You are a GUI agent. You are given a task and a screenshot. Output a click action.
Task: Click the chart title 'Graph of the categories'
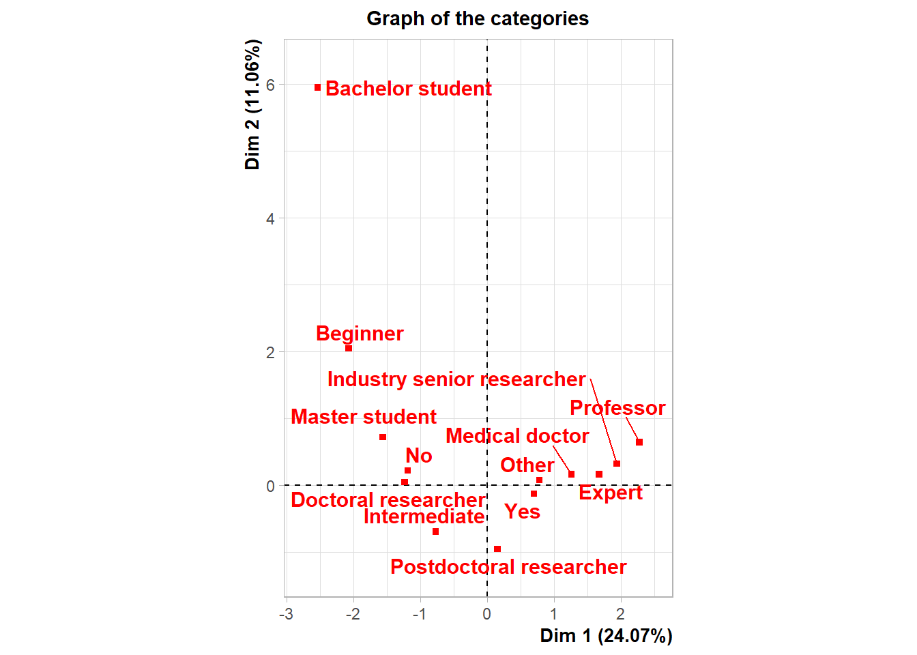pos(478,18)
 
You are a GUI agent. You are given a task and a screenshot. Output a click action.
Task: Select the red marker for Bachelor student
pos(318,87)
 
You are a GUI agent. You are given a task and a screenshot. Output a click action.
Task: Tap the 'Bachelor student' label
pos(408,89)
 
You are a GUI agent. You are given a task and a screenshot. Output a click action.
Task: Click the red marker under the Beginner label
pos(349,348)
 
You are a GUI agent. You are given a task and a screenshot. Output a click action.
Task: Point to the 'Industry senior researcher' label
pos(456,379)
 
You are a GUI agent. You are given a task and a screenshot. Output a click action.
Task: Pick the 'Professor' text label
pos(617,408)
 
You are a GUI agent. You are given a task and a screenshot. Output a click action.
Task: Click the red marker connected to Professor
pos(639,442)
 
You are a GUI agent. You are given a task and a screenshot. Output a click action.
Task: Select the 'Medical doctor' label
pos(517,436)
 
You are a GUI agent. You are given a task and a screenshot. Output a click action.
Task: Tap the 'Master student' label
pos(364,417)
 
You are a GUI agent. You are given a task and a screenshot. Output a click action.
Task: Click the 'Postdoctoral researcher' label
pos(508,567)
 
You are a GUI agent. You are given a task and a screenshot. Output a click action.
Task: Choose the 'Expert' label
pos(611,493)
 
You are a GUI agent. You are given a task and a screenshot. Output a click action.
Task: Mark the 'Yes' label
pos(523,512)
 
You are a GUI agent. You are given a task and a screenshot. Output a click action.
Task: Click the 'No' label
pos(419,456)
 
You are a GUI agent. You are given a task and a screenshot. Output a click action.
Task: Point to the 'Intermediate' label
pos(424,516)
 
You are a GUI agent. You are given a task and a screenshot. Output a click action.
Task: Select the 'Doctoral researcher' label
pos(388,500)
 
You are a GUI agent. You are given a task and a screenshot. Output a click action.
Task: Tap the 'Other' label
pos(527,465)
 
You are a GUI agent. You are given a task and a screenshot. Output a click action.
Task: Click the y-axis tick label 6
pos(271,85)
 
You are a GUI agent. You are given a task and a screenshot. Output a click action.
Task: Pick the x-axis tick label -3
pos(286,614)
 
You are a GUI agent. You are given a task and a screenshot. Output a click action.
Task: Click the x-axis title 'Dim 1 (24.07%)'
pos(606,636)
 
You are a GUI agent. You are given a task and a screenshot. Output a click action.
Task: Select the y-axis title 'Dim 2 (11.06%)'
pos(252,104)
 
